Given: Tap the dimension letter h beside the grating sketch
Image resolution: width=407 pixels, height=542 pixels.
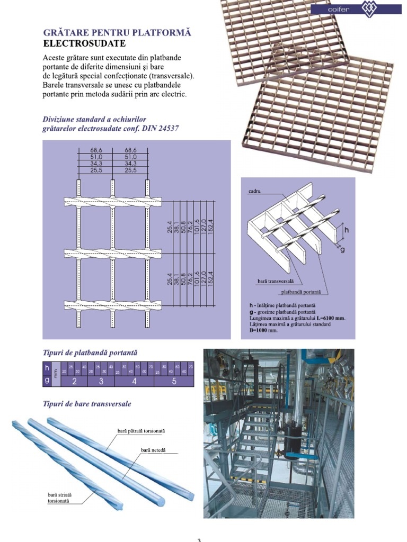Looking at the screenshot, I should (x=347, y=230).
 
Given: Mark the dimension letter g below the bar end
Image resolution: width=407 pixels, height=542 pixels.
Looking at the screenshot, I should (x=342, y=249).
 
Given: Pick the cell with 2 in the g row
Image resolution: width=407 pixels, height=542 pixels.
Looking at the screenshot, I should (x=75, y=381).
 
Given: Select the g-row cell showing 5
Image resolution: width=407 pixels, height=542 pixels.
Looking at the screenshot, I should (x=174, y=381).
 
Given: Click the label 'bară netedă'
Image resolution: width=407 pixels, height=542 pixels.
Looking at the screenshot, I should (x=153, y=449).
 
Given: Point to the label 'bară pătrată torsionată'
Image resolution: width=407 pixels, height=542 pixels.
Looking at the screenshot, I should (x=141, y=431).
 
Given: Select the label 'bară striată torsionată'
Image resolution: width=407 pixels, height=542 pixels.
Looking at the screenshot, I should (x=59, y=498).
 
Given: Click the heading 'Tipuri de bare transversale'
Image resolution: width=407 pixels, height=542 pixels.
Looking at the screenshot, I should (x=86, y=404).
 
